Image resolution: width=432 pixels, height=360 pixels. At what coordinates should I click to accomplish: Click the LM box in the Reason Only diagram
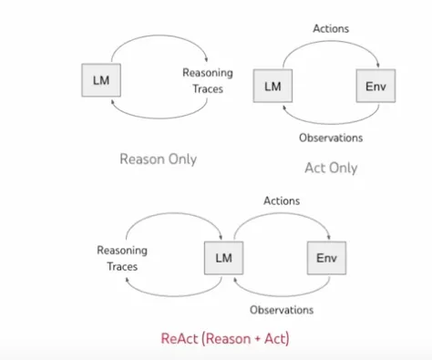point(101,80)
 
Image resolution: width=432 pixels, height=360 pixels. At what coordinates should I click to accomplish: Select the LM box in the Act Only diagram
point(273,86)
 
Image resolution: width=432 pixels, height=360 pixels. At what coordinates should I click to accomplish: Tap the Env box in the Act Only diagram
point(375,86)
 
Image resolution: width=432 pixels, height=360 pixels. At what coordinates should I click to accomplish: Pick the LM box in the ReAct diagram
point(223,258)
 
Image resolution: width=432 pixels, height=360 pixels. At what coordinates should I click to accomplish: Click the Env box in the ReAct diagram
point(326,258)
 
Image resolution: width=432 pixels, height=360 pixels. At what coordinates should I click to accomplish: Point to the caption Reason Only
point(159,159)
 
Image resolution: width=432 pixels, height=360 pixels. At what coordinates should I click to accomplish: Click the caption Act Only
point(331,168)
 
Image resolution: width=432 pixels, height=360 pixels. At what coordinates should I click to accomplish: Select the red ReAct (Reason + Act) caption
point(225,338)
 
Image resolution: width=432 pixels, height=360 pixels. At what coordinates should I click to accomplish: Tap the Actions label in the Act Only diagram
point(331,28)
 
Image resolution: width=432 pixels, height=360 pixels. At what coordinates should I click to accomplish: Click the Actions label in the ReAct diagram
point(282,201)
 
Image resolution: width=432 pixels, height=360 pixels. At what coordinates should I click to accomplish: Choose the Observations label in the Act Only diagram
point(331,138)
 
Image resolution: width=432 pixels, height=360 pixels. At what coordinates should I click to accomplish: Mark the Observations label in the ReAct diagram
point(282,310)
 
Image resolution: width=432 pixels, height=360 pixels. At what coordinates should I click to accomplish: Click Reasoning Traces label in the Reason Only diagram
point(208,81)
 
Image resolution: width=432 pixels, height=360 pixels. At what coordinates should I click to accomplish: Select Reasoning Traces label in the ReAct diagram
point(122,258)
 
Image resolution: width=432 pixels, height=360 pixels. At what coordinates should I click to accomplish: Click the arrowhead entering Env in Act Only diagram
point(378,65)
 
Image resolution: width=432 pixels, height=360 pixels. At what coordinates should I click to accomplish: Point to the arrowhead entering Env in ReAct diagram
point(329,237)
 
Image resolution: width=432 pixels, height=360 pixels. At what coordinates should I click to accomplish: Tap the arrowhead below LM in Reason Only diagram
point(113,102)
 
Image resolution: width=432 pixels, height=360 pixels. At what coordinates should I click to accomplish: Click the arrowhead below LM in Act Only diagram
point(284,108)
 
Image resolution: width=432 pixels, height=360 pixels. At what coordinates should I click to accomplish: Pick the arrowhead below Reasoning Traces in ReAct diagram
point(128,280)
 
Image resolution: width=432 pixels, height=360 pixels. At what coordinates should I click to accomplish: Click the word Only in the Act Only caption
point(344,168)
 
